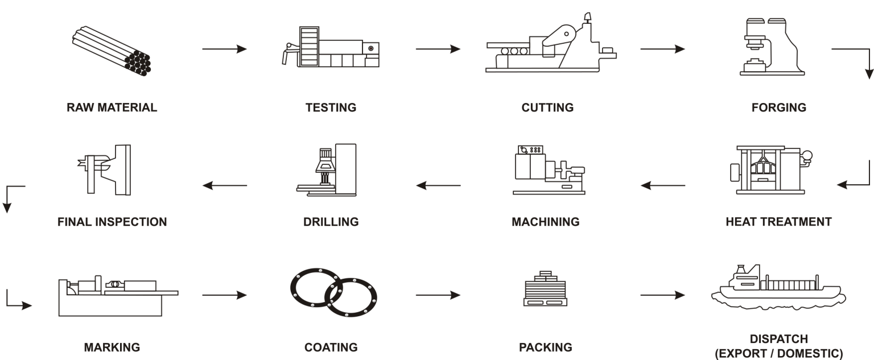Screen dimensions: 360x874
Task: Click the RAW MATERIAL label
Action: (x=112, y=107)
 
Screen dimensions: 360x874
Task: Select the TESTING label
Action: (x=331, y=107)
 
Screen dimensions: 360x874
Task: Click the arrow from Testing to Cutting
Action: (x=438, y=49)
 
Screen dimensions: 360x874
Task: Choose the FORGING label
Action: (x=778, y=107)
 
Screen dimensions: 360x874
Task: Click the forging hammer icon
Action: (x=774, y=45)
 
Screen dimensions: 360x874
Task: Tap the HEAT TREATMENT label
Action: (x=778, y=221)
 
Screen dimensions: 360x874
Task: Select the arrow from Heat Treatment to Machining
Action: (x=663, y=185)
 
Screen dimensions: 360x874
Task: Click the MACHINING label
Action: (x=545, y=221)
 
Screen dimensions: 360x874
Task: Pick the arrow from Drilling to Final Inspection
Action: (x=225, y=185)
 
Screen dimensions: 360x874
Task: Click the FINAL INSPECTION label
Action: (x=112, y=221)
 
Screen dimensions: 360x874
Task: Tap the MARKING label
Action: (x=112, y=347)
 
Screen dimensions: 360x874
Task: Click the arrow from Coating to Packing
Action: (x=438, y=295)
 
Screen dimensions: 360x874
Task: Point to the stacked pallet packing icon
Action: (x=545, y=290)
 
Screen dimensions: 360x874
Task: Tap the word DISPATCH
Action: (x=778, y=340)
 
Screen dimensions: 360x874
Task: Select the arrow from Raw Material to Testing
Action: (x=225, y=49)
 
